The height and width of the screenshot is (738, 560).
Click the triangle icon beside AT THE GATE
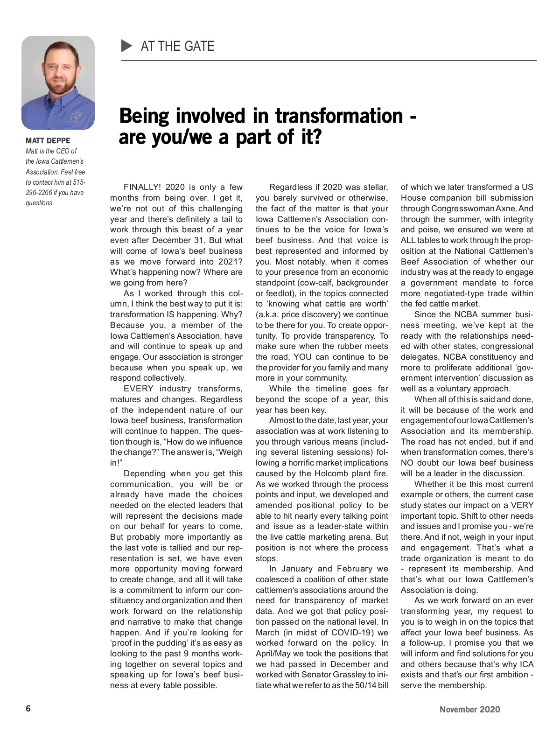click(x=127, y=46)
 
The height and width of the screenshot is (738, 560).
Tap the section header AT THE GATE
click(x=177, y=46)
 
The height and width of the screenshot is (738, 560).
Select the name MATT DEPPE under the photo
click(x=48, y=140)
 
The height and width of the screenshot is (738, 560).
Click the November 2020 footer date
click(x=469, y=710)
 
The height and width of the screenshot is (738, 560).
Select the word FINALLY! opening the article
click(x=142, y=188)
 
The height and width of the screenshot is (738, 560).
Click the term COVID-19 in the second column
click(x=350, y=633)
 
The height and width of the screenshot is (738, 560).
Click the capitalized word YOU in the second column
click(x=304, y=357)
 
